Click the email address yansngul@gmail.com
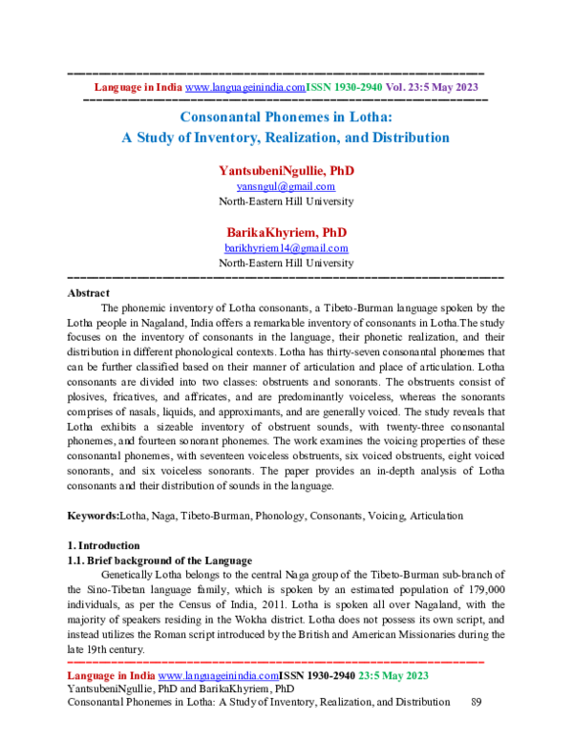point(286,187)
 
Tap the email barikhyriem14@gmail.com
point(286,248)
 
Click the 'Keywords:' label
point(93,516)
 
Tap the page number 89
point(479,702)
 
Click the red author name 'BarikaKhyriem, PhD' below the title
point(286,233)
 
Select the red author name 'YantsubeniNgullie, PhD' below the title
point(286,171)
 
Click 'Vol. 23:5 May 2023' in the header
point(432,87)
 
